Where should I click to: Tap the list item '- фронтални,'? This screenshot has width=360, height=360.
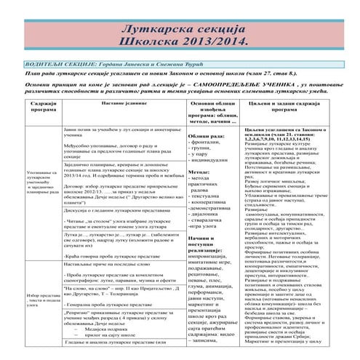click(206, 144)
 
